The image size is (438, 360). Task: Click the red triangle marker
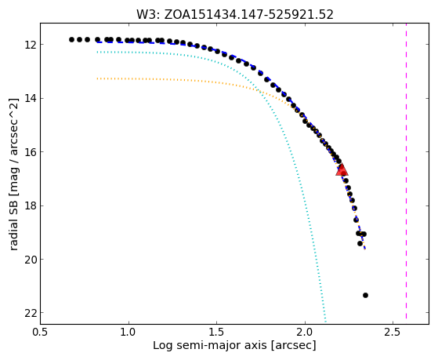(x=342, y=170)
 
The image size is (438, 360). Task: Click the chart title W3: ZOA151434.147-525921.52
(x=235, y=15)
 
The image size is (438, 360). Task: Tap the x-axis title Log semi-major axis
(x=209, y=345)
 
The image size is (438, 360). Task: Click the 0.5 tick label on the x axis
(x=41, y=333)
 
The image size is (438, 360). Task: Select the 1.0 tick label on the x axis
(x=129, y=333)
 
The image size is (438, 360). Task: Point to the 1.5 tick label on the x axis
(x=217, y=333)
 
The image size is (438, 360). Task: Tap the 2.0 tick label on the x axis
(x=305, y=333)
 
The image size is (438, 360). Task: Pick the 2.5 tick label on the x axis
(x=393, y=333)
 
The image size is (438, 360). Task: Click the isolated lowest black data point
(x=365, y=295)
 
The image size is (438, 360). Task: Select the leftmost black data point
(x=71, y=39)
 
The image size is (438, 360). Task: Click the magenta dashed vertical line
(x=406, y=171)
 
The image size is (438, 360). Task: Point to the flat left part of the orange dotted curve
(x=168, y=80)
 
